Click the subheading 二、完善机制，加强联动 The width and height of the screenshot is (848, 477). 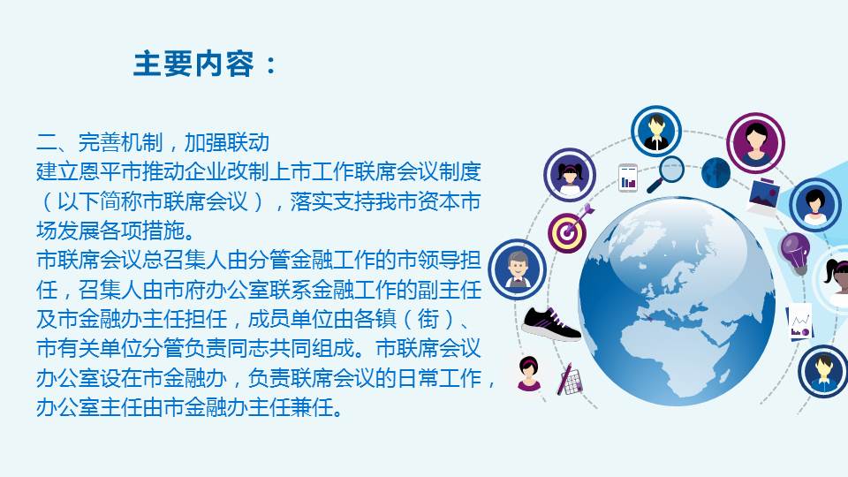pyautogui.click(x=152, y=141)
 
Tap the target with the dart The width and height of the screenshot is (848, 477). pyautogui.click(x=568, y=229)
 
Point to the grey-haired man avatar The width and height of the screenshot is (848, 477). pyautogui.click(x=516, y=269)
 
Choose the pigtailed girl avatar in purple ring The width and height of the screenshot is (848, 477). pyautogui.click(x=570, y=175)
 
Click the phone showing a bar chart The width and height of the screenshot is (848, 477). pyautogui.click(x=628, y=178)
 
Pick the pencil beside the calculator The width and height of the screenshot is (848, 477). pyautogui.click(x=564, y=377)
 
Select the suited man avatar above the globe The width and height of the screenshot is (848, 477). pyautogui.click(x=656, y=131)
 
